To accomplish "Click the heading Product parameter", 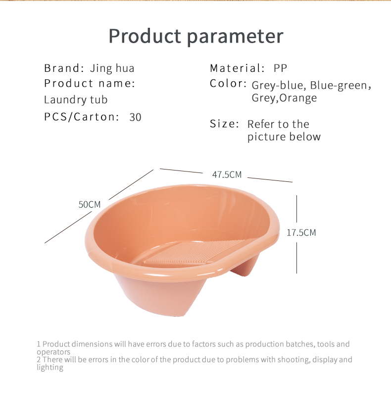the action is (196, 37).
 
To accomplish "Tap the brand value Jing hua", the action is (112, 68).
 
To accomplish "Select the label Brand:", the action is (64, 68).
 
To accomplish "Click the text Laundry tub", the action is (76, 100).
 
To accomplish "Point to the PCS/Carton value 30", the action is (136, 117).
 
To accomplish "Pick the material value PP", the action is (280, 68).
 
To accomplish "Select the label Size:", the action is (224, 124).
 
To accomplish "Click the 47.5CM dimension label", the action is (227, 174).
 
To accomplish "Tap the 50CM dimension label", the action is (89, 204).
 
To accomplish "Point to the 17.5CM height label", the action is (301, 232).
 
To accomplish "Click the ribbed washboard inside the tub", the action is (194, 252).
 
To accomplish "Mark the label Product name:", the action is (90, 84).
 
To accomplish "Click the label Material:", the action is (237, 68).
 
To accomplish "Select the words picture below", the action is (284, 137).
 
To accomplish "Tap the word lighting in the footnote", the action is (50, 367).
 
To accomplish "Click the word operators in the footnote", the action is (53, 352).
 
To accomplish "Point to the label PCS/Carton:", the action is (82, 117).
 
